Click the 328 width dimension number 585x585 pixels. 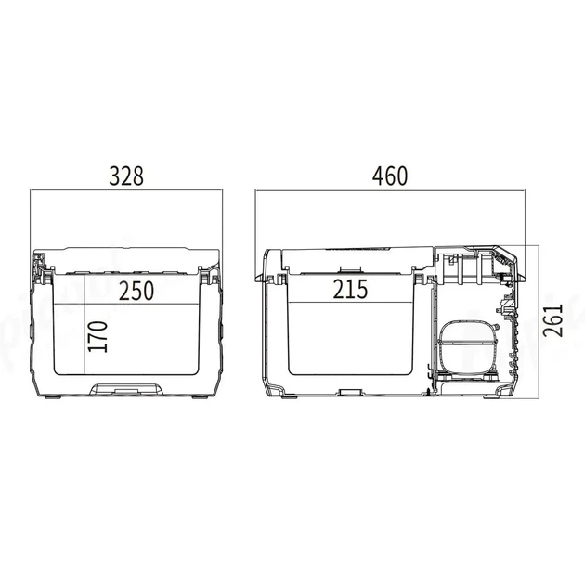(x=126, y=176)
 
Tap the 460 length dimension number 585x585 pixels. (x=390, y=176)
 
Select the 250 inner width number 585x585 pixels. (x=136, y=291)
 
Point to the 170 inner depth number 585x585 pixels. (x=98, y=336)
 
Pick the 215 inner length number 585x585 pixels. (x=350, y=289)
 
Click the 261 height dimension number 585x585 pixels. (x=552, y=320)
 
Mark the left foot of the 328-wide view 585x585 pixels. (x=53, y=397)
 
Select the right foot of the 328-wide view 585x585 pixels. (x=201, y=397)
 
